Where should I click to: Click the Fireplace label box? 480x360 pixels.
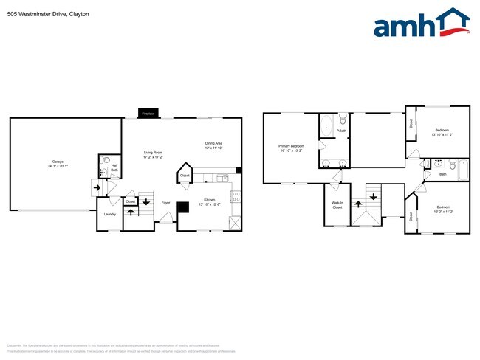coord(148,114)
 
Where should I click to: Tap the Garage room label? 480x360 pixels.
coord(57,162)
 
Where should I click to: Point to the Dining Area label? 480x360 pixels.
coord(213,143)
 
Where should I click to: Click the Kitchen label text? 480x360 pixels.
coord(209,200)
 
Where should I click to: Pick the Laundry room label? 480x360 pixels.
coord(109,214)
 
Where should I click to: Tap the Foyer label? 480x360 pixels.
coord(166,202)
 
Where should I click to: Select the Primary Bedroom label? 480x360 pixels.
coord(291,146)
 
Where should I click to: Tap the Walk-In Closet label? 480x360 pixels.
coord(337,206)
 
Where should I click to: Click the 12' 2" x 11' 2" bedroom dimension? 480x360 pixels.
coord(443,211)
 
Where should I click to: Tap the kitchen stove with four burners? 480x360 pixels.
coord(236,196)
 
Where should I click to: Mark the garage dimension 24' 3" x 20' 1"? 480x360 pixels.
coord(57,166)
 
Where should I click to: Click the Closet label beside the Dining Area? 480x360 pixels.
coord(185,176)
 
